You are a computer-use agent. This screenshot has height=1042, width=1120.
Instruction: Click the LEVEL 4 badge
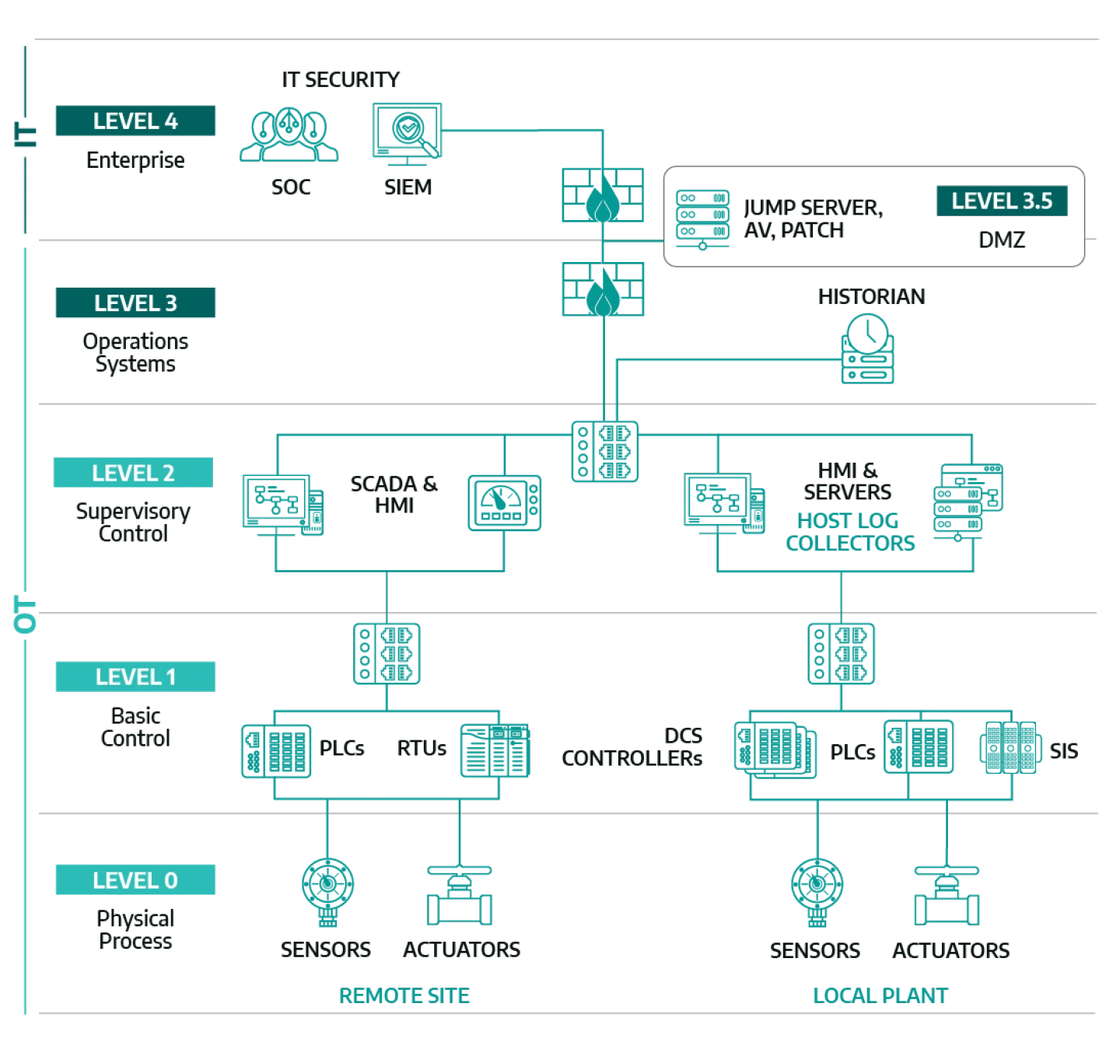click(135, 121)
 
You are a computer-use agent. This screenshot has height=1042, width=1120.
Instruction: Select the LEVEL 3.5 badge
click(1002, 201)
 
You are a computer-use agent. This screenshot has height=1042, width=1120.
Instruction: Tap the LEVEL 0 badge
click(135, 879)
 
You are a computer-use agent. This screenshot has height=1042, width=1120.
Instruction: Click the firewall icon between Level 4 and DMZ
click(603, 194)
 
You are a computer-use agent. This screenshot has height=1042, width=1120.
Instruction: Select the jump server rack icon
click(702, 219)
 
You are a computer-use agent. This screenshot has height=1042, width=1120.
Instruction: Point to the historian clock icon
click(868, 348)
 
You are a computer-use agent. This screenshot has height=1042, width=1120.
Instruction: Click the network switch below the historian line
click(605, 451)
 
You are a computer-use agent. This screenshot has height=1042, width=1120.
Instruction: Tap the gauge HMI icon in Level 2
click(505, 503)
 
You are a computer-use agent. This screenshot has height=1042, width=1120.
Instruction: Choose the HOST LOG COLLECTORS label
click(849, 532)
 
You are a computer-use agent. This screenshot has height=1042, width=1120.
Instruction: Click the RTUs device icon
click(495, 750)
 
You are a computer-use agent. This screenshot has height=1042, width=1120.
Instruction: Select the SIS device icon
click(1010, 747)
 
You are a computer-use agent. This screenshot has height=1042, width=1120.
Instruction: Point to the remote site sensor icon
click(328, 891)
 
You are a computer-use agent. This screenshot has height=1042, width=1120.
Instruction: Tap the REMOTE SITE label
click(404, 995)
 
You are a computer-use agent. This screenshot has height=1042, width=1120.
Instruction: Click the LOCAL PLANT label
click(880, 995)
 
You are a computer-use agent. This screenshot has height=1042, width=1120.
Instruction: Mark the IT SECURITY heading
click(341, 79)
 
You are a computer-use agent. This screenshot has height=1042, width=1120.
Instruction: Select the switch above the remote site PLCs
click(387, 653)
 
